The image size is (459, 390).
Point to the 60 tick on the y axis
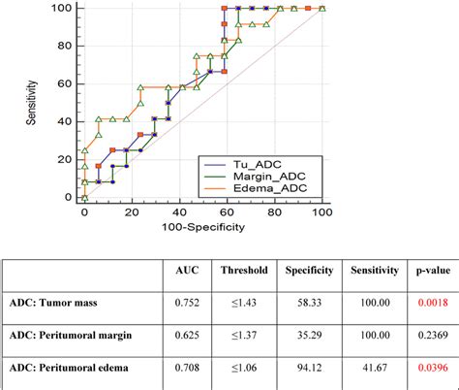click(x=67, y=83)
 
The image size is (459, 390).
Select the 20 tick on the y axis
click(x=67, y=159)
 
